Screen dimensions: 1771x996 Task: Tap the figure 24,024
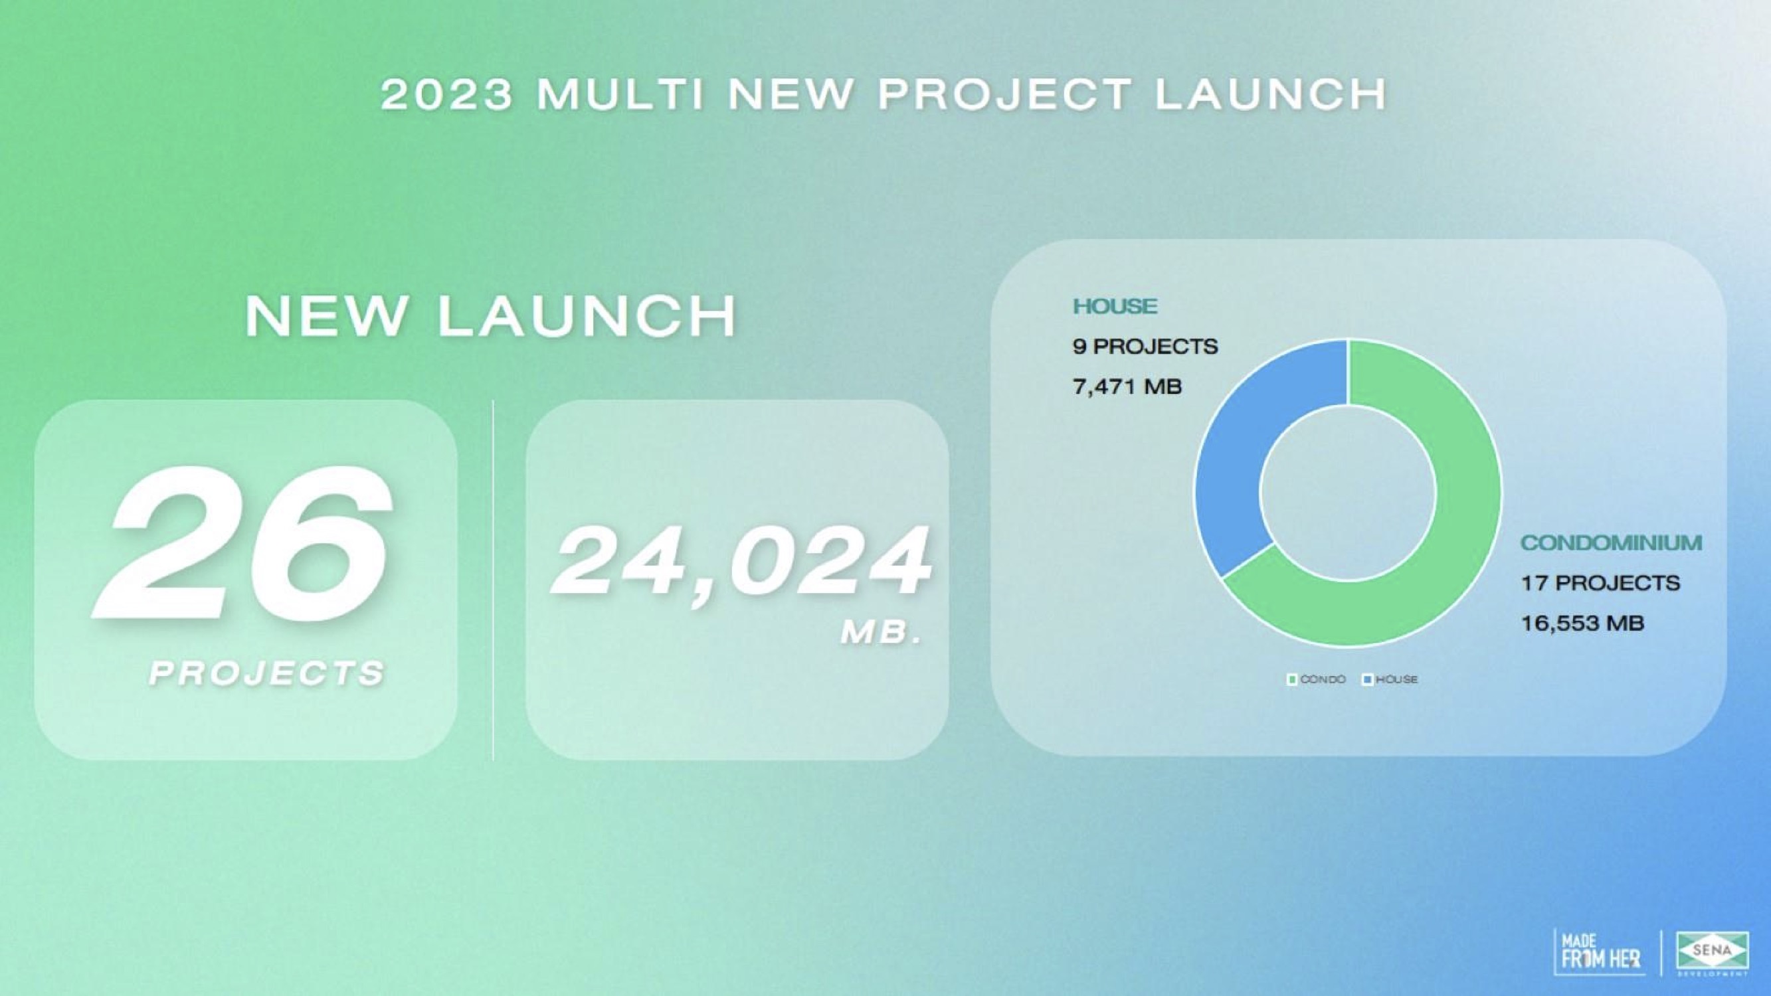[x=742, y=563]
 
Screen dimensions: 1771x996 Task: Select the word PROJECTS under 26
[x=268, y=673]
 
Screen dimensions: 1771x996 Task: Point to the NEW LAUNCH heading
[x=490, y=316]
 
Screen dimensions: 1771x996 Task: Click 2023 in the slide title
[x=447, y=94]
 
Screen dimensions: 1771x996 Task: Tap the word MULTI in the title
[x=621, y=94]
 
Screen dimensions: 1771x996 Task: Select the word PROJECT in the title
[x=1004, y=94]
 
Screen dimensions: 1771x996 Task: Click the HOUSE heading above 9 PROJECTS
[x=1115, y=306]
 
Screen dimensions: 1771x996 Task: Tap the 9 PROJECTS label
[x=1145, y=347]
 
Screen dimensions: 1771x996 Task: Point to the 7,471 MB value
[x=1127, y=387]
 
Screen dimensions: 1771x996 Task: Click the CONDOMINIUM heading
[x=1612, y=543]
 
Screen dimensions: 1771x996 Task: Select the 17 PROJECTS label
[x=1600, y=583]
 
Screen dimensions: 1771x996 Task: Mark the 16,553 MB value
[x=1582, y=623]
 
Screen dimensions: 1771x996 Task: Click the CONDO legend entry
[x=1316, y=680]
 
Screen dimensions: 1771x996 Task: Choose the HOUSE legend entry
[x=1391, y=680]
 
